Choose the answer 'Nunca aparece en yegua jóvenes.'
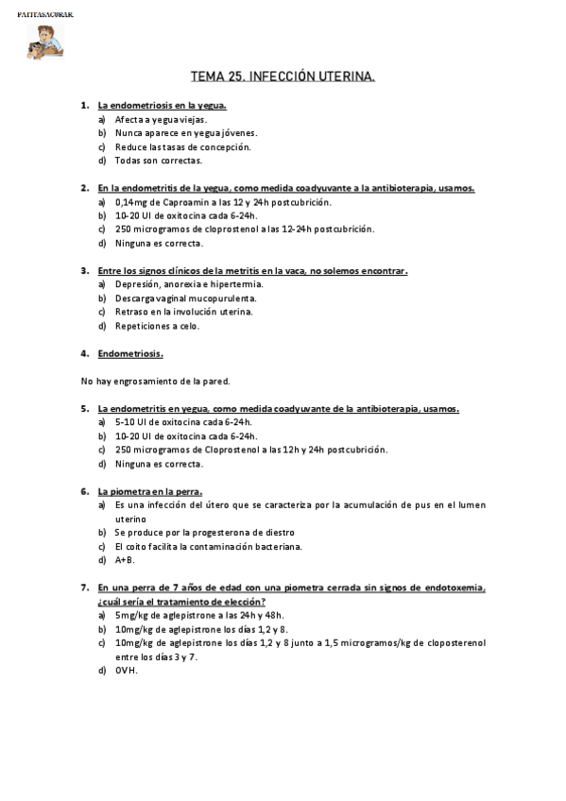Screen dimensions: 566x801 (186, 133)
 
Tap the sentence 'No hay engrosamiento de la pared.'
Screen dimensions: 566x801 (156, 382)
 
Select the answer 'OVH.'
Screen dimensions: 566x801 (126, 671)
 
